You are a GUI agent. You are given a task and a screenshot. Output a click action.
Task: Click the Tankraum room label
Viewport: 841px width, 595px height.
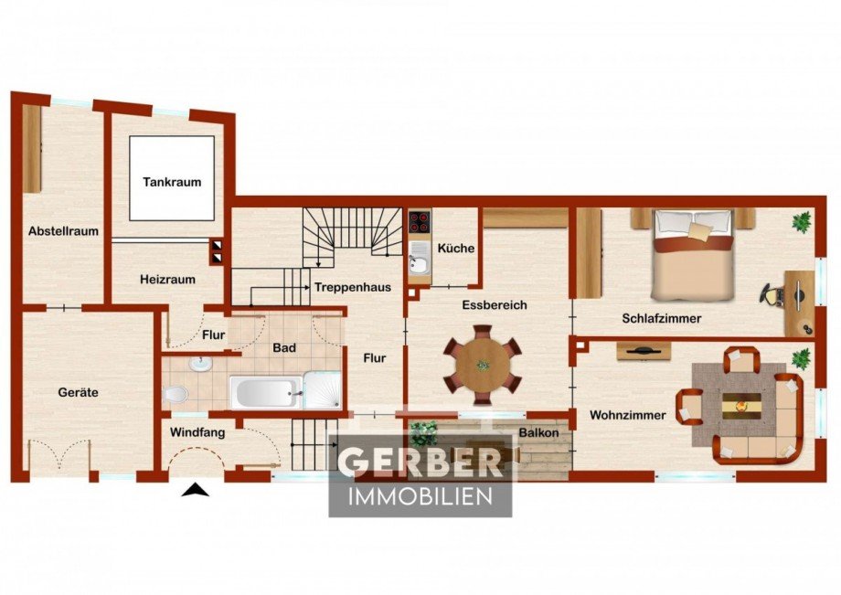click(x=172, y=182)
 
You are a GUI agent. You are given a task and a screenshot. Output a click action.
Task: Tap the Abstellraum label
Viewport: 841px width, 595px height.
click(x=63, y=231)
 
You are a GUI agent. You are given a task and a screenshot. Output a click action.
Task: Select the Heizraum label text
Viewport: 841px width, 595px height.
click(x=167, y=280)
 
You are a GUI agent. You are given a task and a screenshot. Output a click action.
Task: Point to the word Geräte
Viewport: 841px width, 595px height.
click(x=79, y=392)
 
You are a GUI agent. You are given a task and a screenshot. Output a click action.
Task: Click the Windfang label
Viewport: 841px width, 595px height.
click(x=197, y=432)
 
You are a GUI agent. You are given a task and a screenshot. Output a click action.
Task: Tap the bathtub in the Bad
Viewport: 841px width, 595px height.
click(x=266, y=392)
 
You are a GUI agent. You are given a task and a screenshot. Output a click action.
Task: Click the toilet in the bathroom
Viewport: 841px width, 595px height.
click(x=176, y=395)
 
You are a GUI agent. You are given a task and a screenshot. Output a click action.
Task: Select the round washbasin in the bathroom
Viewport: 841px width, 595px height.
click(x=200, y=365)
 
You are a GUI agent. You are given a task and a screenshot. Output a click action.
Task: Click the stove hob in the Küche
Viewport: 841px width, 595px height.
click(x=420, y=222)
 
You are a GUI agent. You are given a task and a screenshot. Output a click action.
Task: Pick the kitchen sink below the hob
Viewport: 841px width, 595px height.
click(x=419, y=264)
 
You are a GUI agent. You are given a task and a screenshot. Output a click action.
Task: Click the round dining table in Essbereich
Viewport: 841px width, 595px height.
click(x=483, y=365)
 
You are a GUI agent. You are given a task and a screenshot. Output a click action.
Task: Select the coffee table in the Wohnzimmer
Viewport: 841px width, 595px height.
click(x=741, y=406)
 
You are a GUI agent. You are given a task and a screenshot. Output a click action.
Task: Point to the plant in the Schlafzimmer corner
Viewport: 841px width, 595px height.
click(x=802, y=221)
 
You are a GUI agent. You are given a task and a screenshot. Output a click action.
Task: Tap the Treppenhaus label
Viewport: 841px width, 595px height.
click(x=352, y=287)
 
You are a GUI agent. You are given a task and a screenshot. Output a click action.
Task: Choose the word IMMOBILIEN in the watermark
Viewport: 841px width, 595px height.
click(x=420, y=496)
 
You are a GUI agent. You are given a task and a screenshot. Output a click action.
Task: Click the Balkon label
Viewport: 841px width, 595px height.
click(x=539, y=432)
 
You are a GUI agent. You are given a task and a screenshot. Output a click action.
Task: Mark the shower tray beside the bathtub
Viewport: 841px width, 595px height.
click(x=323, y=389)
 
